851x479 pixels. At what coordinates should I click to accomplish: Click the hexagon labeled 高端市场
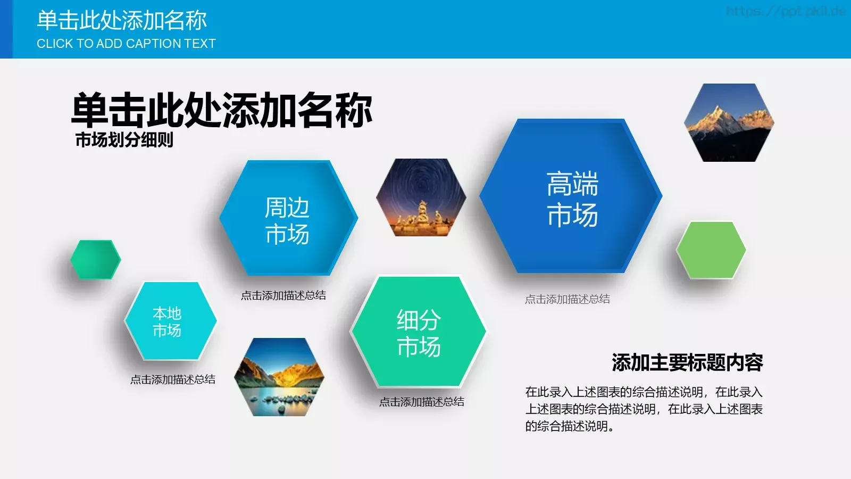571,197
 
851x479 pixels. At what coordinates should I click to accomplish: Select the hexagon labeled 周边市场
288,219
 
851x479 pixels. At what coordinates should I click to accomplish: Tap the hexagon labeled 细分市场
418,332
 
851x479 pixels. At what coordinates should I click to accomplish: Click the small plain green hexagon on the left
96,260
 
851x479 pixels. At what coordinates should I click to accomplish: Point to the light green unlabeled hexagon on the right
711,250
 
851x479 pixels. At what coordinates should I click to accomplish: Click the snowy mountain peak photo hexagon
729,122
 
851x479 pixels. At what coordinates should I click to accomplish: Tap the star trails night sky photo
421,197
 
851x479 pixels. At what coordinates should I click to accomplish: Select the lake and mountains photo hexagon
279,377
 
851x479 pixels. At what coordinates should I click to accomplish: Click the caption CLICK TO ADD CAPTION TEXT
126,44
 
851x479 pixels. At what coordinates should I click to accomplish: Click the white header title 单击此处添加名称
122,21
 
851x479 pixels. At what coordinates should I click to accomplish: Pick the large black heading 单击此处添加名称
222,110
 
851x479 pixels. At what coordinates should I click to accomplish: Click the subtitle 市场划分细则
124,140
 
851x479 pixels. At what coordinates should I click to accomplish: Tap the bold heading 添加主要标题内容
687,363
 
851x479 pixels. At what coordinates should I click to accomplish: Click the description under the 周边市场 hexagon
283,295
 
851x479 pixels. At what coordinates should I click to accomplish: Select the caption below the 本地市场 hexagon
173,379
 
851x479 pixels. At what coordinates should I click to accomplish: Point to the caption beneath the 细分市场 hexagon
422,402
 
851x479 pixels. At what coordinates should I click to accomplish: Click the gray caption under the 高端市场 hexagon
568,299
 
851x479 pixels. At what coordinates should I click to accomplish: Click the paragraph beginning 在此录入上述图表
644,409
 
